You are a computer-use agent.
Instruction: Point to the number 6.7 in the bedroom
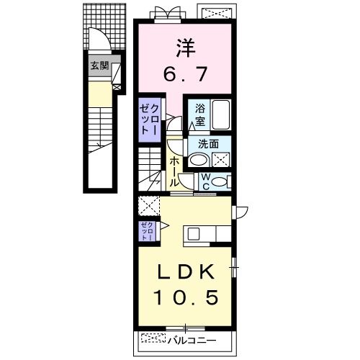[185, 74]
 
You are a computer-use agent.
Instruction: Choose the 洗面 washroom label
[208, 143]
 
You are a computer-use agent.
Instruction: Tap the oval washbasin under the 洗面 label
[198, 160]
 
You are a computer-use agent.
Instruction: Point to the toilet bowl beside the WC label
[221, 180]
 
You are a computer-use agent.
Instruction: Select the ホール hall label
[174, 169]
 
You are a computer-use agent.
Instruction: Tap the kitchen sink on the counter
[192, 233]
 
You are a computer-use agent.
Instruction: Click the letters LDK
[184, 273]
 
